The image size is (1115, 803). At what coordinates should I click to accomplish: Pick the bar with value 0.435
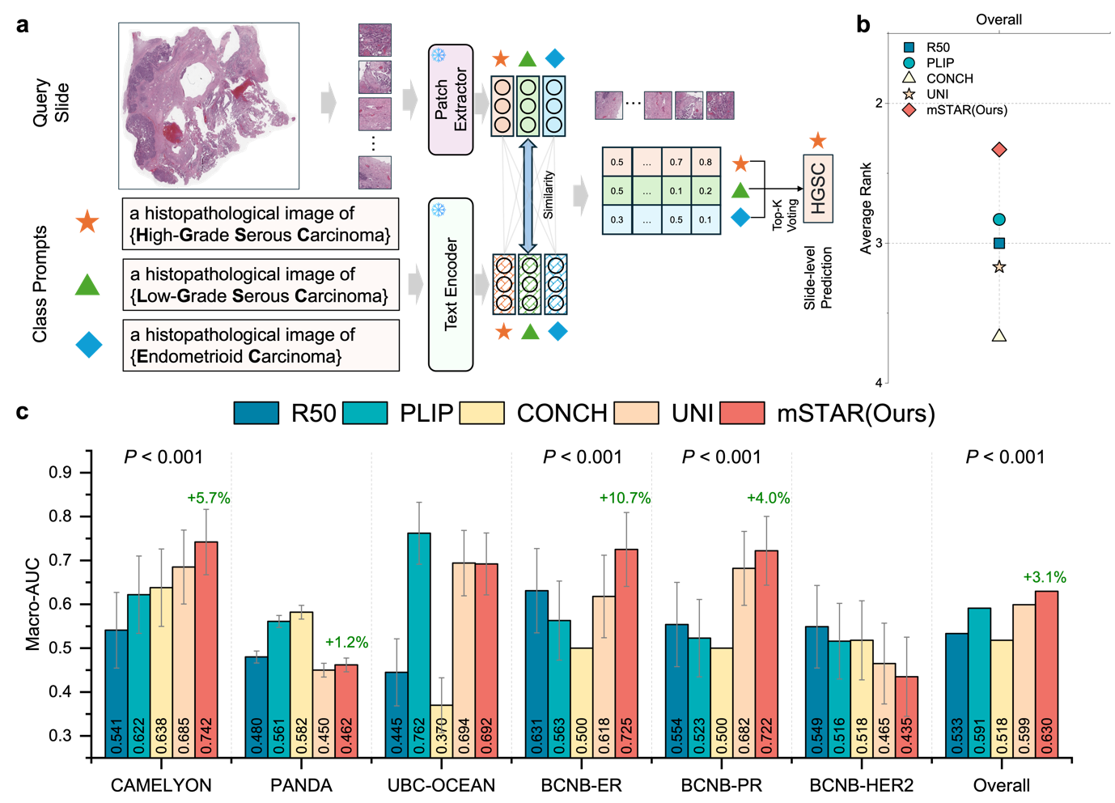click(x=906, y=716)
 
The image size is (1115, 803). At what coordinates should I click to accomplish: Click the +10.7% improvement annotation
click(x=625, y=498)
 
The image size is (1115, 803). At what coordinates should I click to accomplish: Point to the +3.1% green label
click(x=1045, y=577)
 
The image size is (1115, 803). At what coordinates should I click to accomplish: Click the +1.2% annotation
click(x=346, y=642)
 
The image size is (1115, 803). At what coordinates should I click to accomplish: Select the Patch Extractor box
click(x=451, y=100)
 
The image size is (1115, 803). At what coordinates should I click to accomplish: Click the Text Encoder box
click(x=451, y=284)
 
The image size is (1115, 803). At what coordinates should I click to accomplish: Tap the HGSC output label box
click(x=818, y=189)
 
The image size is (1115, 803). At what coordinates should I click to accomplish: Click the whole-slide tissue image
click(x=209, y=105)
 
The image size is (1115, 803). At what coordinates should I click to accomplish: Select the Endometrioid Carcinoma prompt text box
click(x=261, y=346)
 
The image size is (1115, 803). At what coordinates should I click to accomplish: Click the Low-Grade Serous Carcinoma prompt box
click(x=261, y=285)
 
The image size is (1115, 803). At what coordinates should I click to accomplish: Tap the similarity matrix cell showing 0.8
click(x=706, y=162)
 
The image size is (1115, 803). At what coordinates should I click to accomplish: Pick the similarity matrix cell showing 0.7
click(x=676, y=162)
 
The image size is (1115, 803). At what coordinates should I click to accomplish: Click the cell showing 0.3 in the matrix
click(x=617, y=219)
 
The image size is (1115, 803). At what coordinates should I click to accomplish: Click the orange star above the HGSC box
click(x=818, y=141)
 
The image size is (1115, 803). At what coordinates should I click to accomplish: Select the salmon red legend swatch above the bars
click(x=742, y=413)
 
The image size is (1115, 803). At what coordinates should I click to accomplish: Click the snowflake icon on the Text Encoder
click(x=439, y=210)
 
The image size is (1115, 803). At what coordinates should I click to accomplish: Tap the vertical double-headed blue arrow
click(x=528, y=195)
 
